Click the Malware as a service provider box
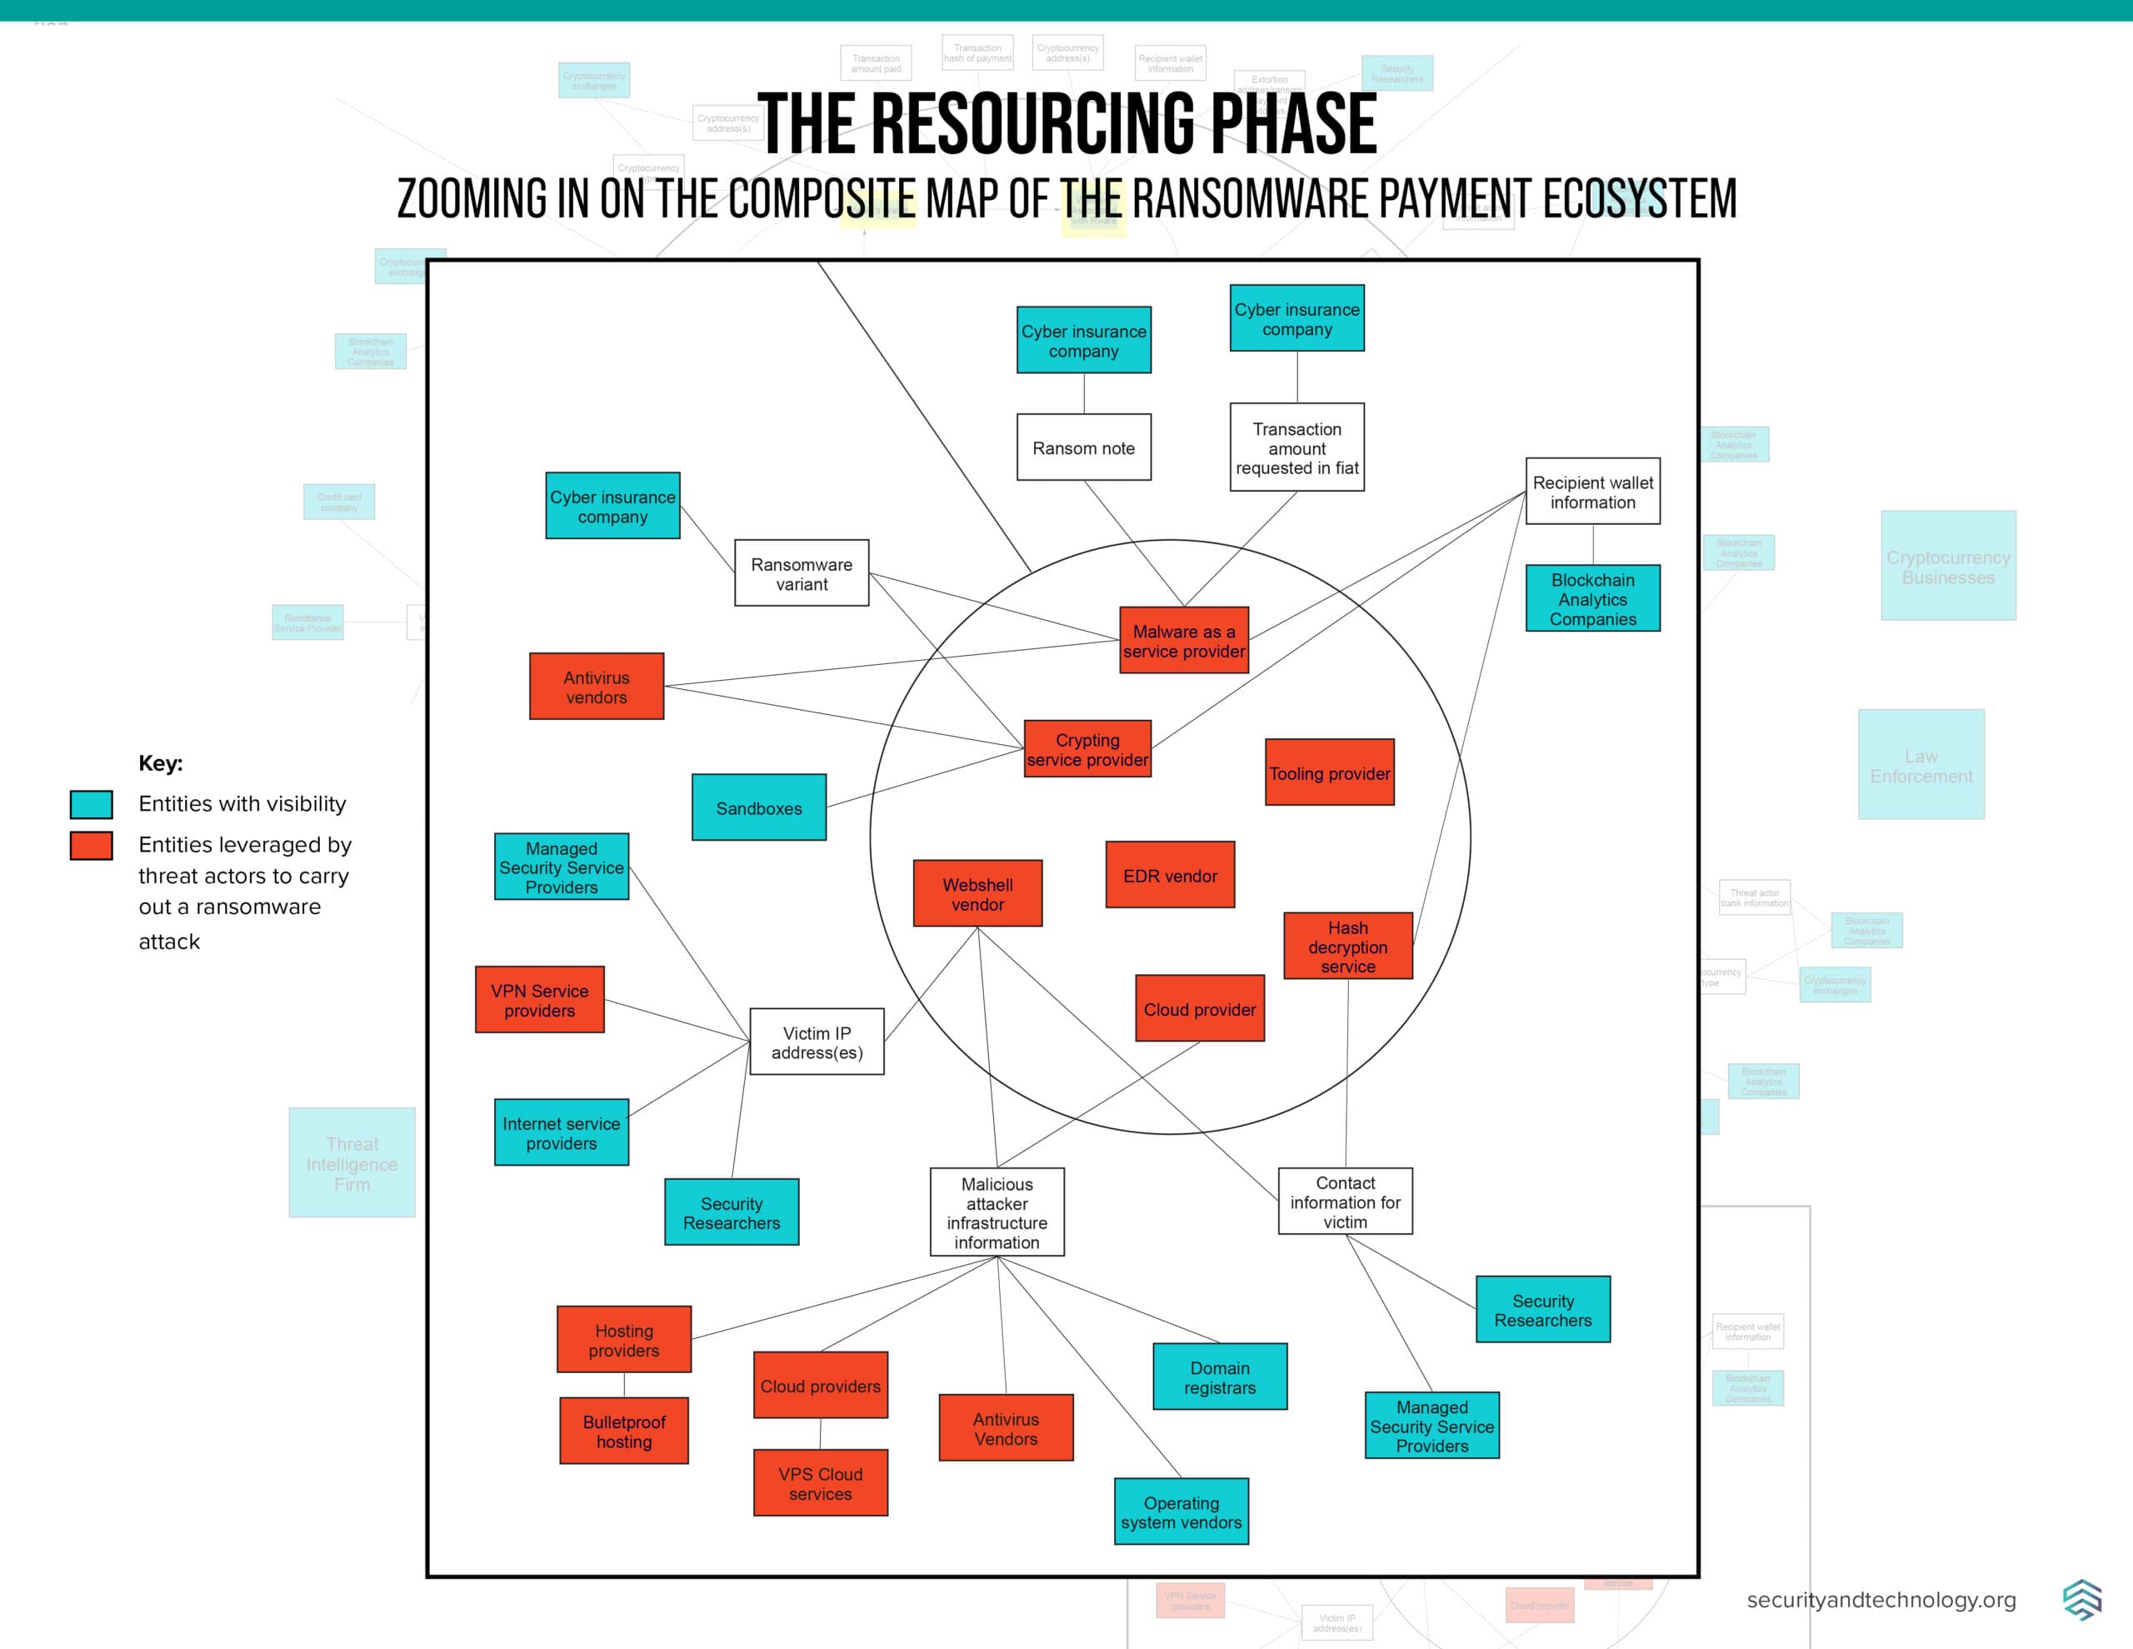tap(1184, 640)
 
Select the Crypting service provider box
tap(1087, 749)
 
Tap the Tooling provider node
tap(1329, 772)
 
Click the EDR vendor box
tap(1170, 875)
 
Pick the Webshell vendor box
tap(977, 893)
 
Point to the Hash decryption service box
tap(1348, 946)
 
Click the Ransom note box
tap(1083, 447)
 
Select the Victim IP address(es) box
tap(817, 1042)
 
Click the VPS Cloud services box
tap(821, 1483)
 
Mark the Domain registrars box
tap(1220, 1377)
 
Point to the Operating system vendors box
tap(1181, 1512)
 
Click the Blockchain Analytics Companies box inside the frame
tap(1592, 598)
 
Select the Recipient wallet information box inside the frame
tap(1592, 492)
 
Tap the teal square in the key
tap(92, 804)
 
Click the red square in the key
tap(92, 845)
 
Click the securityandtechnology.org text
tap(1881, 1600)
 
